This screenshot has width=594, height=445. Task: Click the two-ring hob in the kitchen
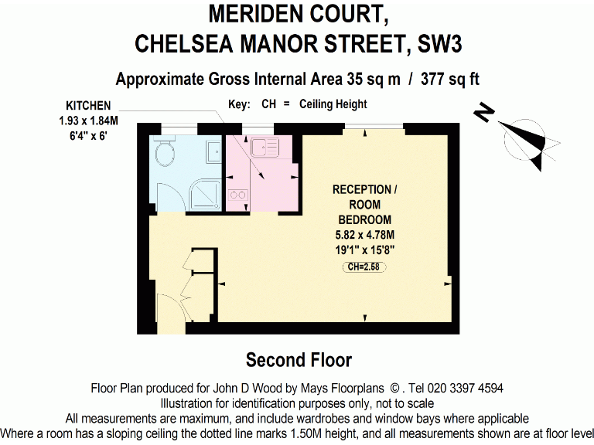pos(238,195)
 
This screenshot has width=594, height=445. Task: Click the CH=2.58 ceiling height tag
pos(364,267)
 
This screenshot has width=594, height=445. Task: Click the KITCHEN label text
pos(88,106)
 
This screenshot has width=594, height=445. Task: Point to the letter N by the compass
pos(484,114)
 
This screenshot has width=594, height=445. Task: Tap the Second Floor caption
pos(299,360)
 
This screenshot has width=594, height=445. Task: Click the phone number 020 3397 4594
pos(461,388)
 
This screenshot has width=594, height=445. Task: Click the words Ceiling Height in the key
pos(333,104)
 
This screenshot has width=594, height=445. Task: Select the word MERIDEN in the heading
pos(249,13)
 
